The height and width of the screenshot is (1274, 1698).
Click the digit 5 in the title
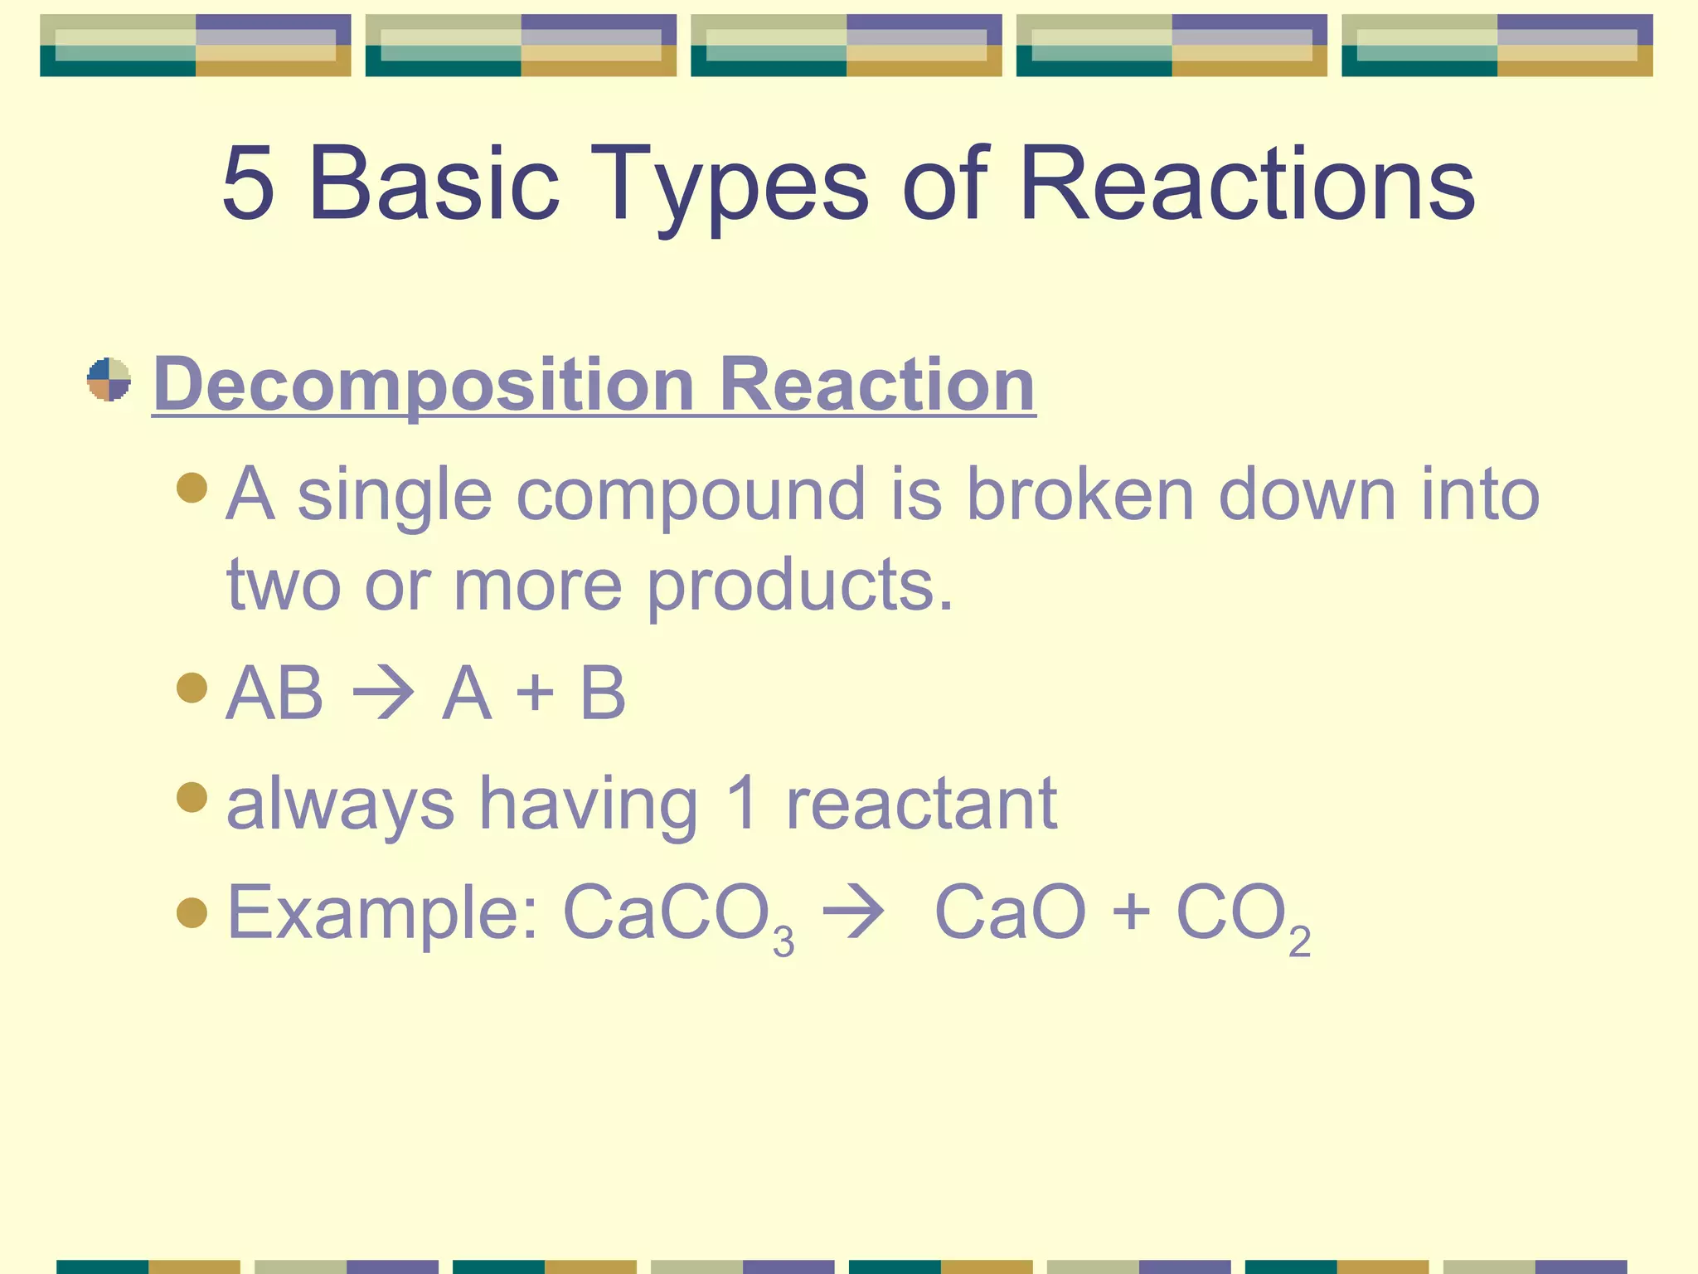coord(249,183)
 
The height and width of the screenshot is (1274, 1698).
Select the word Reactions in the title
coord(1247,183)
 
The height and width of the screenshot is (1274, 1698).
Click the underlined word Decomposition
coord(424,385)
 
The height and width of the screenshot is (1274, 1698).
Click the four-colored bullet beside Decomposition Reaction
coord(109,380)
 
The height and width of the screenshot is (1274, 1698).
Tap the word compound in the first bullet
coord(691,496)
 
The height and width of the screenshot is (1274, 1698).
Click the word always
coord(340,805)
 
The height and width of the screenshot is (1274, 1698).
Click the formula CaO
coord(1010,912)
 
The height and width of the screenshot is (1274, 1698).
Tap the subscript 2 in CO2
coord(1299,942)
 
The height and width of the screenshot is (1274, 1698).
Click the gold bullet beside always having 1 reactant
coord(192,797)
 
